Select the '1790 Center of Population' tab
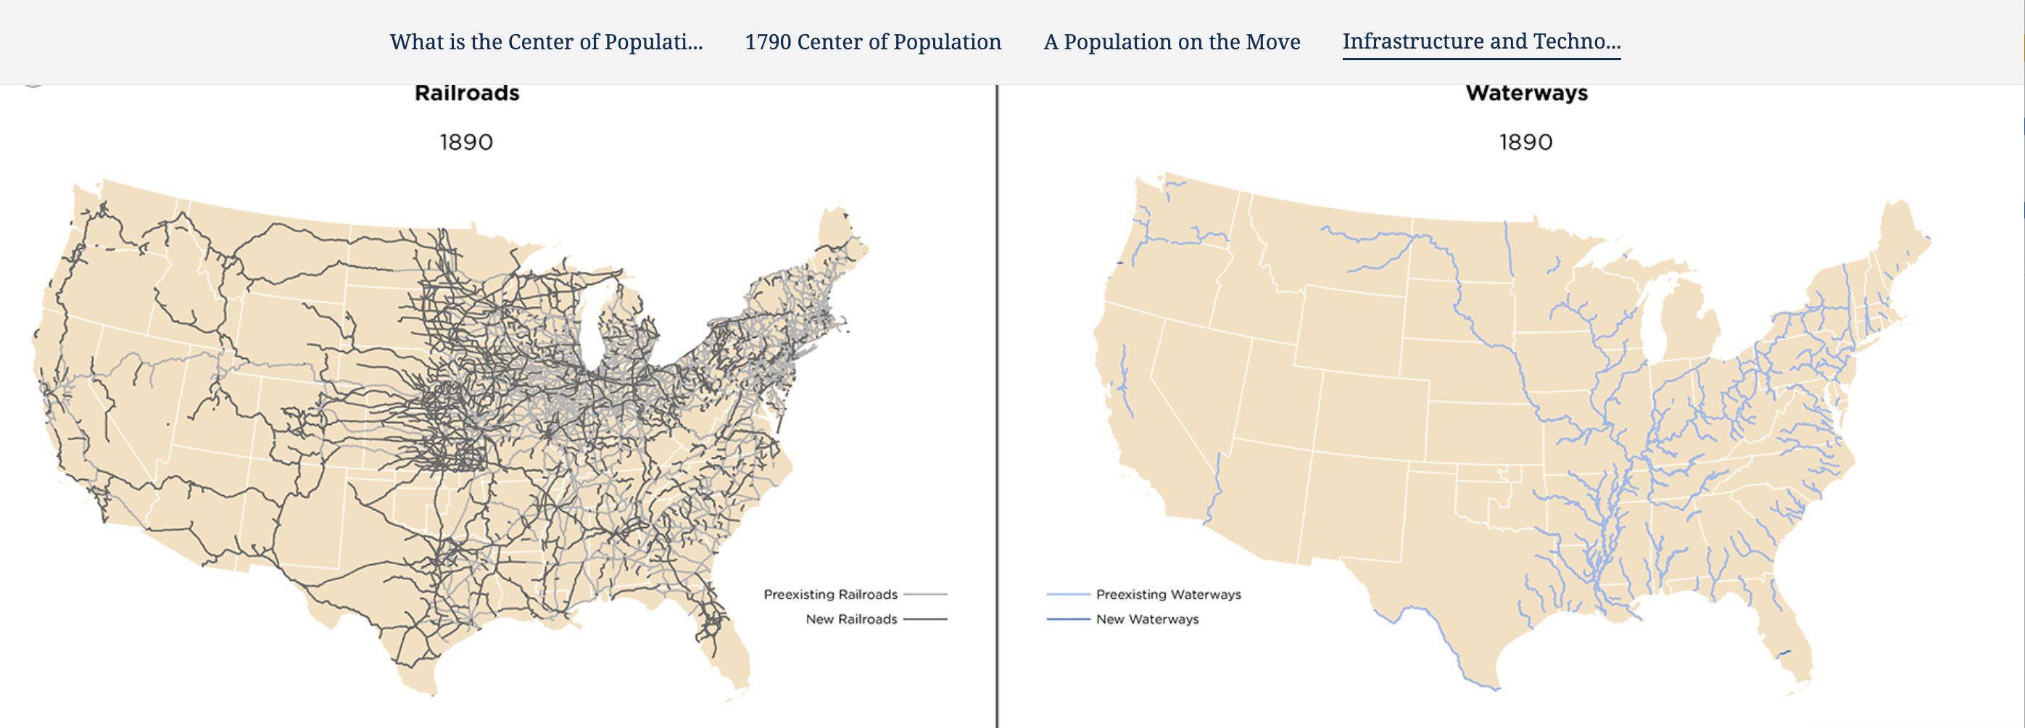click(x=873, y=41)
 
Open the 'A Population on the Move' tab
click(x=1172, y=41)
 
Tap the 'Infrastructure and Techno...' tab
click(x=1481, y=41)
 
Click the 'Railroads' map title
click(x=467, y=94)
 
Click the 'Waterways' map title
click(x=1526, y=94)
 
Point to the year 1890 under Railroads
click(x=466, y=142)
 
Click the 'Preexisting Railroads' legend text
click(x=830, y=595)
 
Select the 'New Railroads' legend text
click(x=850, y=619)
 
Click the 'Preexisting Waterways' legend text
click(x=1168, y=595)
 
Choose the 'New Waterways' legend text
click(x=1147, y=619)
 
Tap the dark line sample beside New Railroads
click(x=924, y=619)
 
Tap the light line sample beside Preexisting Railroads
click(x=924, y=595)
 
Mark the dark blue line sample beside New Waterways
click(x=1067, y=619)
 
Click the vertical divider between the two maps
click(x=997, y=393)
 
